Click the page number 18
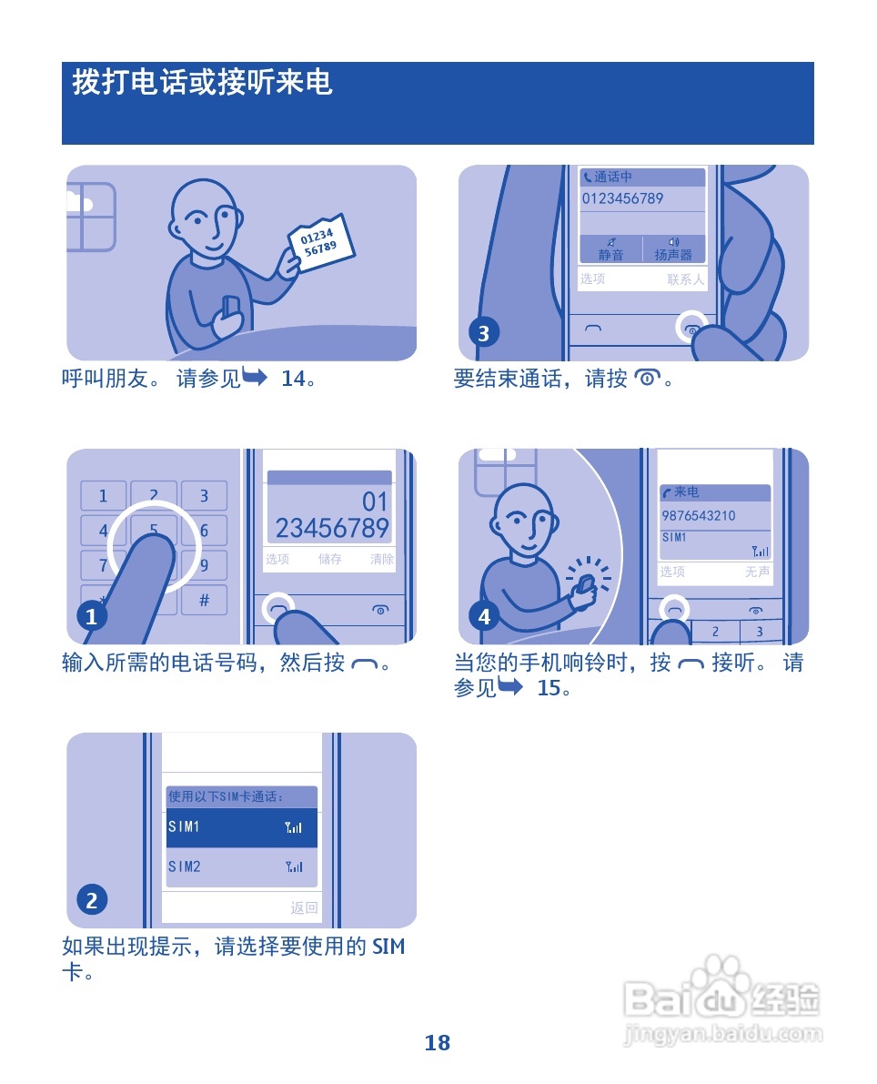438,1043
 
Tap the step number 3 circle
483,333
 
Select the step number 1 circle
91,617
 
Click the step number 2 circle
91,900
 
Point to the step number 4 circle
483,617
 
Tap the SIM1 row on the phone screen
241,827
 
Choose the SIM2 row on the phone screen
241,867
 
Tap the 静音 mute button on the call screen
610,249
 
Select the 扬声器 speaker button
674,249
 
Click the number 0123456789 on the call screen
623,198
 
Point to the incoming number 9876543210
699,516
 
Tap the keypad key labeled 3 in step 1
204,496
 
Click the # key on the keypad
204,600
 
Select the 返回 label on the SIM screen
304,907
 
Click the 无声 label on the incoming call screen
757,572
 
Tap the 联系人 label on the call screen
685,279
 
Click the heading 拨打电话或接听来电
203,84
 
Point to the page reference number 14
293,379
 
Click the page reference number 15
549,688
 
